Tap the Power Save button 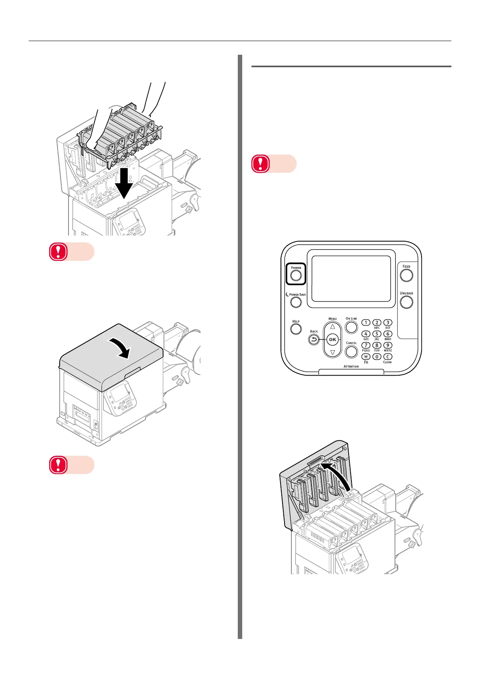point(296,302)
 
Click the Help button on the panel point(296,329)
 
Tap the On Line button point(351,327)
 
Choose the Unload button point(406,302)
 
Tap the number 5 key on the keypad point(377,334)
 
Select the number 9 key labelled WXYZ point(388,345)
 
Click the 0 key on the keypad point(377,356)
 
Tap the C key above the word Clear point(388,356)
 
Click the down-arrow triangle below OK point(332,353)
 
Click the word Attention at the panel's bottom point(351,366)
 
